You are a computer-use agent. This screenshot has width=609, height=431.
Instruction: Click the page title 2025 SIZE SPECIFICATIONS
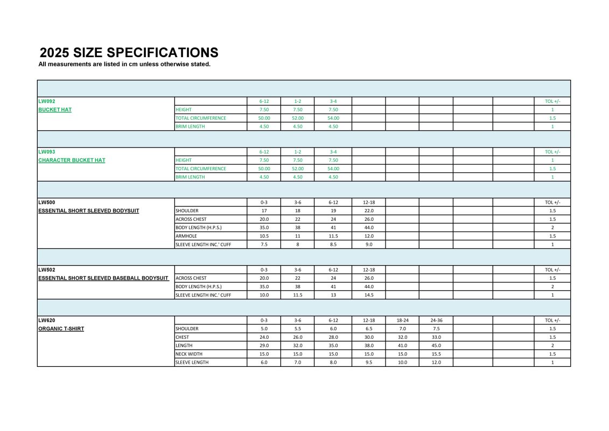tap(129, 52)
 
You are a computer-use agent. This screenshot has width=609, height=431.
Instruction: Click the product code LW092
tap(47, 101)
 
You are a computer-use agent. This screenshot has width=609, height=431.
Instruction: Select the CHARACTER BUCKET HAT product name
tap(72, 160)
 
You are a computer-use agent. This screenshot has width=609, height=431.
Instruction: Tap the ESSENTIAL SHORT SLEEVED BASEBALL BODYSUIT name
tap(103, 278)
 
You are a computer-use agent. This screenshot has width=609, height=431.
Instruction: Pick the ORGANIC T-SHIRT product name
tap(61, 329)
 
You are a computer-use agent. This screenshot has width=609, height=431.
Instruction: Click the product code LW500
tap(47, 202)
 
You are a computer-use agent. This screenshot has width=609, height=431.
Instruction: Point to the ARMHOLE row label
tap(186, 236)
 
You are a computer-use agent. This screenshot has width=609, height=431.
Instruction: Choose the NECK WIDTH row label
tap(190, 354)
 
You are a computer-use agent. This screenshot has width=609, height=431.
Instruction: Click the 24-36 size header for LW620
tap(436, 320)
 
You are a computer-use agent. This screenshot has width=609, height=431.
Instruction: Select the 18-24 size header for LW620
tap(402, 320)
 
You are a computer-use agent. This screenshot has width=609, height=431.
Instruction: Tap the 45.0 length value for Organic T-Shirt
tap(436, 345)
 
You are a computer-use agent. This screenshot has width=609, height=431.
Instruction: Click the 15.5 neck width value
tap(436, 354)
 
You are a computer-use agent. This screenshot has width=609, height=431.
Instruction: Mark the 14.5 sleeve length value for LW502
tap(369, 295)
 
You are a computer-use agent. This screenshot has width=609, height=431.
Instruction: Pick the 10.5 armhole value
tap(264, 236)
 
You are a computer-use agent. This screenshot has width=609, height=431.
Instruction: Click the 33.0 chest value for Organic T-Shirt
tap(436, 337)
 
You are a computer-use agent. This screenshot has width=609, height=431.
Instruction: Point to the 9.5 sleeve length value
tap(369, 363)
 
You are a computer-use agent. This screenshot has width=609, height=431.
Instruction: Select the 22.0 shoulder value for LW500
tap(369, 211)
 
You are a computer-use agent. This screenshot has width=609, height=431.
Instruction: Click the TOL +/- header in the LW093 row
tap(552, 152)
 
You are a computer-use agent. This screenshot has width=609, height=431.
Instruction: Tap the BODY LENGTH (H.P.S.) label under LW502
tap(199, 287)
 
